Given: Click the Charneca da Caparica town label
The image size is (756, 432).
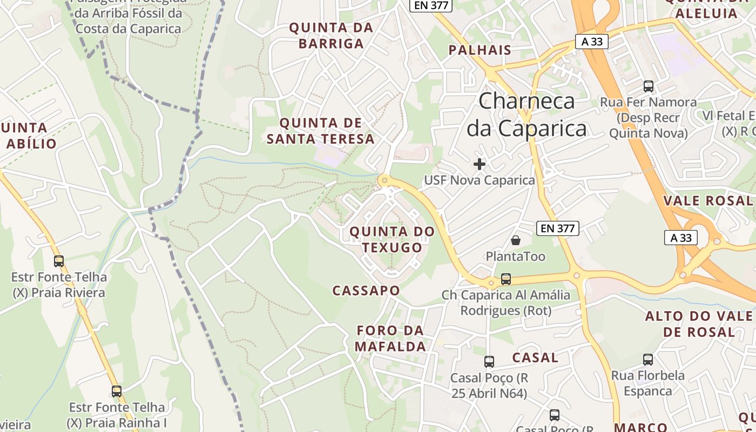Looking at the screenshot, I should click(x=526, y=115).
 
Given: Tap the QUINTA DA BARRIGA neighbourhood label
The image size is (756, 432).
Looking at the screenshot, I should click(x=331, y=36).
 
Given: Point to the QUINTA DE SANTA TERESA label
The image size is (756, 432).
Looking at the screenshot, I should click(x=320, y=131).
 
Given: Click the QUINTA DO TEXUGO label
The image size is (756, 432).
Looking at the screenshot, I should click(x=392, y=240).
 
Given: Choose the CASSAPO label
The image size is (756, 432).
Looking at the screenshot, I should click(x=366, y=291).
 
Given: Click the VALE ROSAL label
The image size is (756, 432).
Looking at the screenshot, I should click(x=708, y=201).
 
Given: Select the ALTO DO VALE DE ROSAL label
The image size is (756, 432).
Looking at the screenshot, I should click(x=699, y=324).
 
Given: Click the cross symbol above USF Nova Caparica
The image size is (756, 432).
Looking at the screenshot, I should click(x=480, y=164).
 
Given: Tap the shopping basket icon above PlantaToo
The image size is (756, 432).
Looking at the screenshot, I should click(x=516, y=240).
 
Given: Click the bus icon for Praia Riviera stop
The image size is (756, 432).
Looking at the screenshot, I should click(x=59, y=261).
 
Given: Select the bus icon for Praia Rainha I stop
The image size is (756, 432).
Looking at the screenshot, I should click(x=117, y=391).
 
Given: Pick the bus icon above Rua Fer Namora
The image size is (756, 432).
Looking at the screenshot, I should click(x=649, y=86).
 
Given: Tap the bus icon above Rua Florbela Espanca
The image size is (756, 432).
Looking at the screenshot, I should click(x=648, y=359).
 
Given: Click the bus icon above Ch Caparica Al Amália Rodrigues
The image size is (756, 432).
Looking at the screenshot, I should click(x=506, y=279).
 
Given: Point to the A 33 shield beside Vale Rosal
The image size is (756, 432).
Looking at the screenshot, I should click(x=681, y=238).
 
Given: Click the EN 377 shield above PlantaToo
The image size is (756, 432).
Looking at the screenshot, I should click(x=558, y=228).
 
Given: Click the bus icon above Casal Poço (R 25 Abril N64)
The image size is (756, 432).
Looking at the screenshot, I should click(x=489, y=361).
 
